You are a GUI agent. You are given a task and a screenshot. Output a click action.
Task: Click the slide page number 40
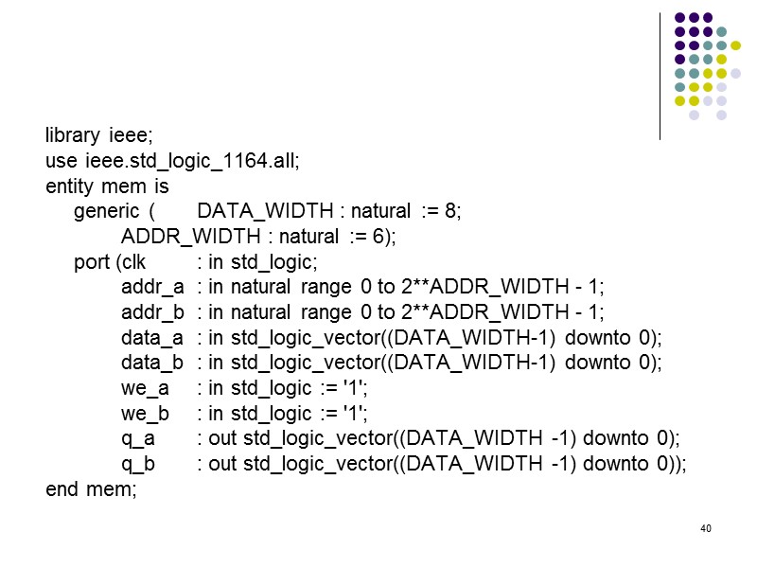705,527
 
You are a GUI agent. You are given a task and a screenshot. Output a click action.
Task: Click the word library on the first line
72,135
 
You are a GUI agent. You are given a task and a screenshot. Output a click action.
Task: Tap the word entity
69,186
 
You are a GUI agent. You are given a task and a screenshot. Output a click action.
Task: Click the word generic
104,211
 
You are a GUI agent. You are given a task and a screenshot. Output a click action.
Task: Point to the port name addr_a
152,287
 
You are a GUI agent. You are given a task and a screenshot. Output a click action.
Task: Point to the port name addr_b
152,312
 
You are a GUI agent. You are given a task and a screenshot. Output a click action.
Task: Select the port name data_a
151,338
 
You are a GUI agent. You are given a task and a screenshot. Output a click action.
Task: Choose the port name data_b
151,363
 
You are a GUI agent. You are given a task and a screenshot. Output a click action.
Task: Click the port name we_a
145,388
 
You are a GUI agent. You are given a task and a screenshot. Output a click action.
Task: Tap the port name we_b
145,414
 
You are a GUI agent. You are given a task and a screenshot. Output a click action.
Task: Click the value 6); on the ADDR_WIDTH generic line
383,237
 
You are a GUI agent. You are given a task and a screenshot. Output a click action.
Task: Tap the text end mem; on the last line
92,489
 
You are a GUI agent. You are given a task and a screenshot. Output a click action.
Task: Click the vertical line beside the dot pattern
660,76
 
